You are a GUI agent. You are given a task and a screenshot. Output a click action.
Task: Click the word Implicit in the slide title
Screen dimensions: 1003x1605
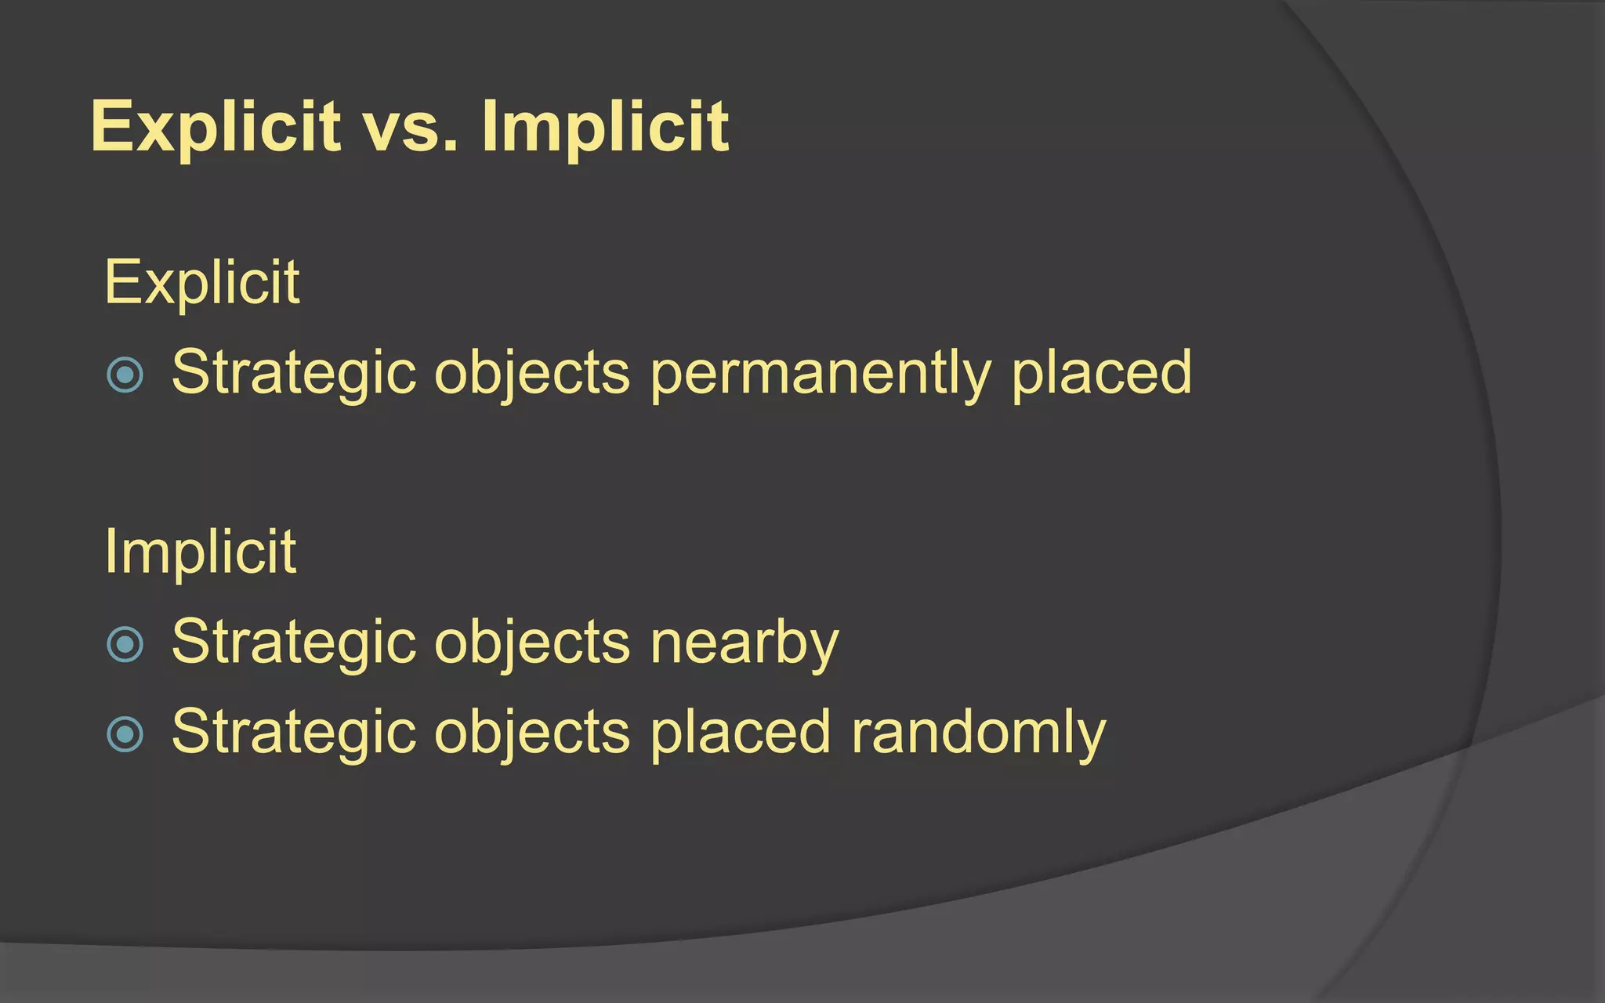click(605, 127)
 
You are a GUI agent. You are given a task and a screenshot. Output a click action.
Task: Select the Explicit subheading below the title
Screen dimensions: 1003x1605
click(201, 282)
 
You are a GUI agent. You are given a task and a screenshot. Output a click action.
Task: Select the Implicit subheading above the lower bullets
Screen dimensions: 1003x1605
click(200, 552)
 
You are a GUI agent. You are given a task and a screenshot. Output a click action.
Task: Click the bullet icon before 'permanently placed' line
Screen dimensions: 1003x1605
click(125, 375)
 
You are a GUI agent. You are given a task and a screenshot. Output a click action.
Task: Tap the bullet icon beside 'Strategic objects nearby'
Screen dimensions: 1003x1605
click(125, 645)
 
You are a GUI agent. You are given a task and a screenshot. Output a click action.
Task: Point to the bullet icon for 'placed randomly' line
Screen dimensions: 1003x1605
click(125, 734)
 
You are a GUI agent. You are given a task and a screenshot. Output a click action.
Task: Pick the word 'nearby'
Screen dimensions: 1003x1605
click(745, 643)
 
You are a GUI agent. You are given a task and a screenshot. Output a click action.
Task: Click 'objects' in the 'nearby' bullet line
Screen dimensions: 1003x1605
click(532, 643)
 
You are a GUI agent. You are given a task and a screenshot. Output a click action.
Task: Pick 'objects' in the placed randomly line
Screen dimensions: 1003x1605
click(532, 733)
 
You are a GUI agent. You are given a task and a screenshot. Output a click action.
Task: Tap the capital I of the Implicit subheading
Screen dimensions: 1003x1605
click(110, 552)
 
